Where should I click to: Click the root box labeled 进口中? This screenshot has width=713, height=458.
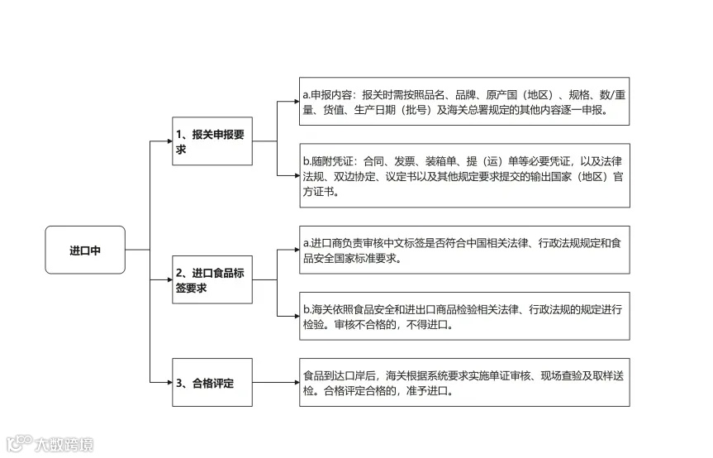click(85, 250)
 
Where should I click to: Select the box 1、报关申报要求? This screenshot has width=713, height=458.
click(212, 142)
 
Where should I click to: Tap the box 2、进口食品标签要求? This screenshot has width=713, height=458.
click(212, 280)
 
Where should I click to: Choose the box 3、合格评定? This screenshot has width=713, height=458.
click(212, 383)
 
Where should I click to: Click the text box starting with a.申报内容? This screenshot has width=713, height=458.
click(464, 102)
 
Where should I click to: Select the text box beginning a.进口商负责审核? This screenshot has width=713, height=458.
click(464, 250)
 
